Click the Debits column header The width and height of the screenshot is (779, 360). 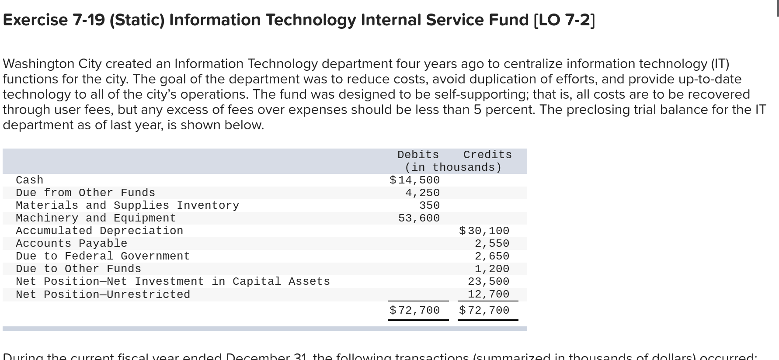click(x=418, y=155)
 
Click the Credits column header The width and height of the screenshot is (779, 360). click(x=487, y=155)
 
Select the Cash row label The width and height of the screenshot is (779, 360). click(x=30, y=180)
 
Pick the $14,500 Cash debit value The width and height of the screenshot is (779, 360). click(x=414, y=180)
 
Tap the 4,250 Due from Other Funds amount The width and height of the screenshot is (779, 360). click(x=422, y=193)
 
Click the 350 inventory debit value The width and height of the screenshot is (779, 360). click(x=429, y=205)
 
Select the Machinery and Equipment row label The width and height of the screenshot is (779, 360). click(x=96, y=218)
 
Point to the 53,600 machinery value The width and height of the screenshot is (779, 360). click(x=419, y=218)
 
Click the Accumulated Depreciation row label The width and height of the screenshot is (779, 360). click(x=99, y=231)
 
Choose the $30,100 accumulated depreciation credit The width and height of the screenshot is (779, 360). click(x=484, y=231)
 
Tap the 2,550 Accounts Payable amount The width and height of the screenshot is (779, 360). click(x=492, y=243)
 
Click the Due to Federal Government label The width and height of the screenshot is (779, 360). click(x=103, y=256)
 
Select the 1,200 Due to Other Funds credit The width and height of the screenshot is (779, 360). click(x=492, y=269)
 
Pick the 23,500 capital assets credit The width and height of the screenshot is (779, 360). click(x=488, y=281)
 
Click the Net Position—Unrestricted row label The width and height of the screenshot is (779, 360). click(x=103, y=294)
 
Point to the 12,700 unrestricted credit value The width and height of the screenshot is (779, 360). click(x=488, y=294)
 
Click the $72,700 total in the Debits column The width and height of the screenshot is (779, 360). click(x=414, y=310)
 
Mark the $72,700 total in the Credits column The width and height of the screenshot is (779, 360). click(x=484, y=310)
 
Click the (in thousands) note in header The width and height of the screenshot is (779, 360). click(x=453, y=167)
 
